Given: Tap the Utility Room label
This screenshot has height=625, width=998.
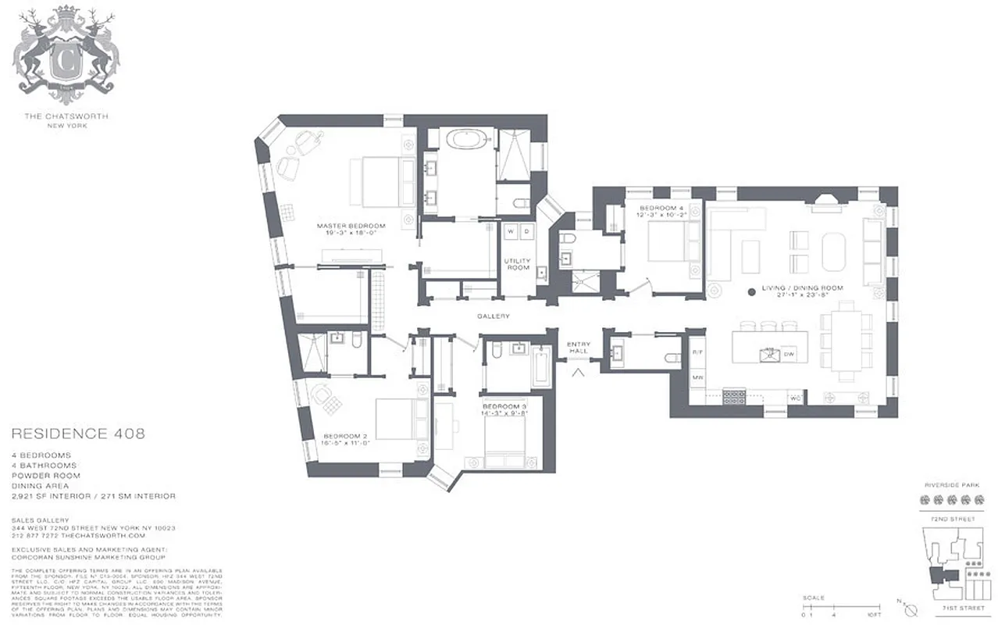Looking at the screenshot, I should point(516,263).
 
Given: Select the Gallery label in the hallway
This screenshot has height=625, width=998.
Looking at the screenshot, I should point(494,316).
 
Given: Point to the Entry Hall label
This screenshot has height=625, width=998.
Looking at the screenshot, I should point(578,348).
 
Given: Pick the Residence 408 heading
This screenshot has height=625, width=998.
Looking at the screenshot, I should point(78,434).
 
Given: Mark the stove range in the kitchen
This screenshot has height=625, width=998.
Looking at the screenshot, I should point(736,397).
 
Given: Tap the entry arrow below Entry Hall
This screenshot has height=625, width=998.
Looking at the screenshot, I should point(579,373).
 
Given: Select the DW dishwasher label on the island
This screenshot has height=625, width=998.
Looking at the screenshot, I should point(789,354).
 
